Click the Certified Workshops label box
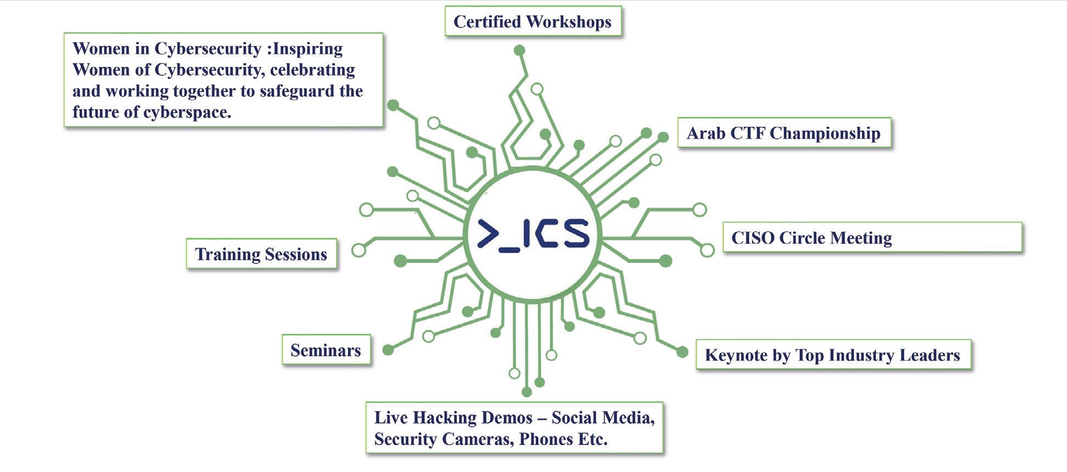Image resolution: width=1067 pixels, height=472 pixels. [532, 22]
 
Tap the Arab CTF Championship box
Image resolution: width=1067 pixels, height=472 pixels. [784, 133]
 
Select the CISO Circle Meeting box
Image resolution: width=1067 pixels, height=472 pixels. [872, 238]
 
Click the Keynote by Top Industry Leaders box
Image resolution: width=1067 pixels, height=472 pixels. [833, 355]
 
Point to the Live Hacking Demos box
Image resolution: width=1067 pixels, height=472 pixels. [514, 428]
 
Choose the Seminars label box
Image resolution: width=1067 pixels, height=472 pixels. [326, 350]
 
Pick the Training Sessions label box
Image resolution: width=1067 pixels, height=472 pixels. [261, 254]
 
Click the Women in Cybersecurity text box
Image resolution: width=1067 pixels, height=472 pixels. [223, 80]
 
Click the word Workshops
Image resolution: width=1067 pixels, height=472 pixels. [568, 22]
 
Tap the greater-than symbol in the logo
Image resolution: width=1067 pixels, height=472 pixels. [487, 233]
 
